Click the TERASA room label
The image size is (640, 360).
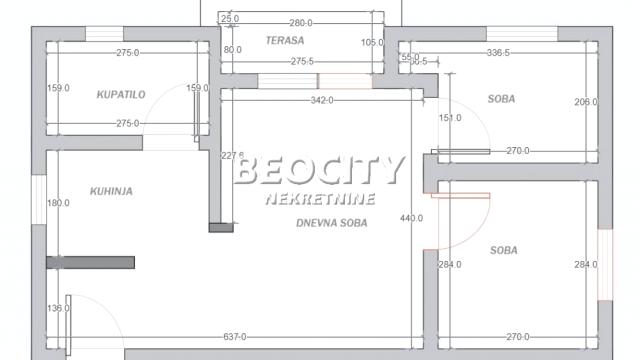pos(285,41)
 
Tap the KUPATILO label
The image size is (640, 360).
pos(121,94)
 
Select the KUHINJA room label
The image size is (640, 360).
pos(112,191)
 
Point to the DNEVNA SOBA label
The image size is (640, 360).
pos(332,224)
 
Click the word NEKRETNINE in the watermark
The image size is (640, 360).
pos(320,199)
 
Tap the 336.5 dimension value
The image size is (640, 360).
pos(497,52)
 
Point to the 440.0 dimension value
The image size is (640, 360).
pos(411,218)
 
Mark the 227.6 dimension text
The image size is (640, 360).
pos(232,155)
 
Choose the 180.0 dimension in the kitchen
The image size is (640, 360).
pos(59,203)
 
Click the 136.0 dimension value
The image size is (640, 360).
pos(59,308)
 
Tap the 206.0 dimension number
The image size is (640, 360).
pos(585,102)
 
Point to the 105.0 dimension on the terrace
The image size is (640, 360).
pos(372,42)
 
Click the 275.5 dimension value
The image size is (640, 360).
pos(299,62)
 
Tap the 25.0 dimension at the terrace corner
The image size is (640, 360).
pos(230,19)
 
